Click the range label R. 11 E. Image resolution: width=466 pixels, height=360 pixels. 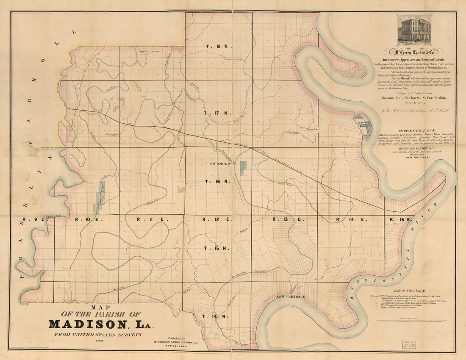pos(147,219)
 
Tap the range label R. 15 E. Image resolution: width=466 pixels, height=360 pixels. pos(400,219)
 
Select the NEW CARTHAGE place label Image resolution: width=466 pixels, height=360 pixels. pos(290,297)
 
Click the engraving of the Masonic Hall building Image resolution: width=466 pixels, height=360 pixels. pos(414,30)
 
